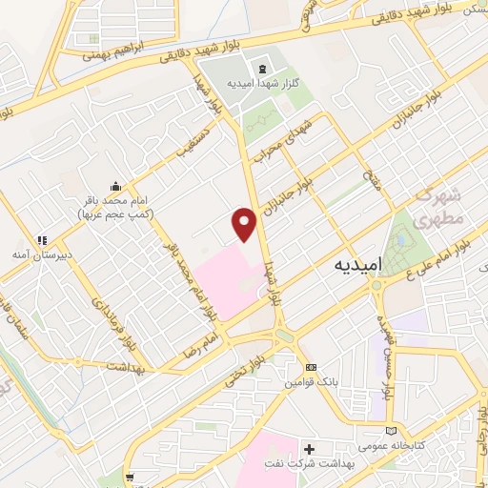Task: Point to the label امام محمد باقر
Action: [114, 202]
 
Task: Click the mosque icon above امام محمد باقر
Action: [115, 185]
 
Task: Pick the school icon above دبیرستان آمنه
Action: [40, 240]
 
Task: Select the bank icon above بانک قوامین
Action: [310, 367]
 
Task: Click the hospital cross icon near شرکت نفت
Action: [309, 448]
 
